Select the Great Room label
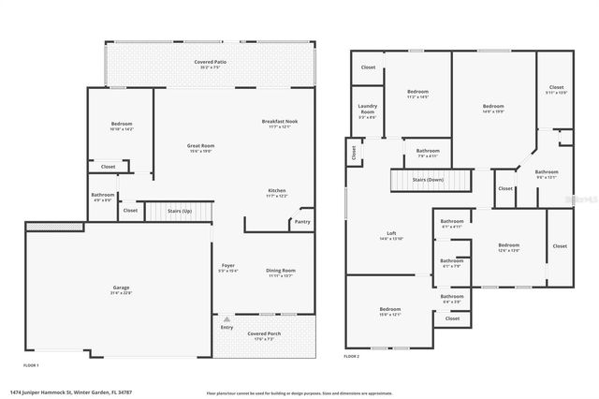[x=201, y=145]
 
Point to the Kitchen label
[x=276, y=190]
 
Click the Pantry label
[x=301, y=222]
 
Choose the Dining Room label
[x=280, y=269]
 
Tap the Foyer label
[x=228, y=266]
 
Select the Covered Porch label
[x=264, y=333]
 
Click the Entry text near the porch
[x=227, y=327]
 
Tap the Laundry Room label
[x=367, y=111]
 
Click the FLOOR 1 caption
[x=31, y=363]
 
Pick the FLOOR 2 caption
[x=352, y=357]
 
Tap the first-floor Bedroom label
[x=122, y=125]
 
